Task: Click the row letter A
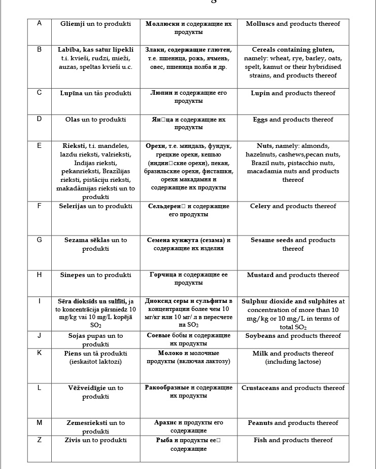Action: coord(39,23)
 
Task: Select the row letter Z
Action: coord(39,440)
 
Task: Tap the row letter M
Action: coord(39,422)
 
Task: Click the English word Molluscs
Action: coord(260,24)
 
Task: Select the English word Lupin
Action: coord(260,93)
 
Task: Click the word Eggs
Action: coord(260,120)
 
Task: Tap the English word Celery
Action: coord(260,206)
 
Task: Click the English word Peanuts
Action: coord(260,423)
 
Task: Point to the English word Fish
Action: coord(260,440)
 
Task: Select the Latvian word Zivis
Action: coord(73,440)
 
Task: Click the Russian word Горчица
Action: coord(162,275)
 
